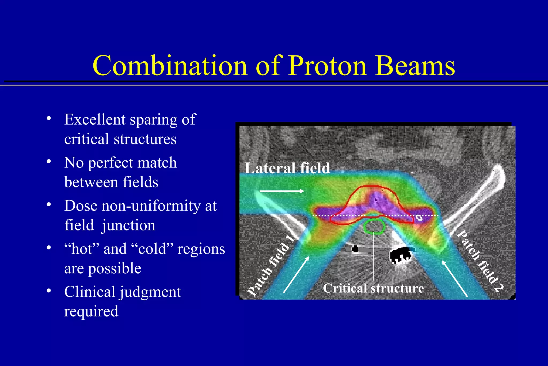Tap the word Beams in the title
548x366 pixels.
point(415,66)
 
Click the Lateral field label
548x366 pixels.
point(287,168)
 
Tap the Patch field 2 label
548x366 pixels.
point(480,262)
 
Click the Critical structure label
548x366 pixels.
point(373,288)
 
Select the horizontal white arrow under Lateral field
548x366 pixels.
point(282,191)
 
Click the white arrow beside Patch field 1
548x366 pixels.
point(296,274)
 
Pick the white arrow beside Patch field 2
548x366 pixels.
point(455,278)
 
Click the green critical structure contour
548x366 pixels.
point(374,226)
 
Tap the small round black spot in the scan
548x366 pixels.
point(355,249)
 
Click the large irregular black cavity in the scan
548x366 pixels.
point(401,255)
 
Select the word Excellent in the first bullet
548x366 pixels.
point(95,119)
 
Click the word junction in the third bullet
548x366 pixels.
point(128,225)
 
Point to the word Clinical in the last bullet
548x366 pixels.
point(90,292)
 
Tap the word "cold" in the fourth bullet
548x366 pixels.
point(152,249)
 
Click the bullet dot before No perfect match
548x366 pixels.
point(49,162)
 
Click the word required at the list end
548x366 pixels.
point(91,312)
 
